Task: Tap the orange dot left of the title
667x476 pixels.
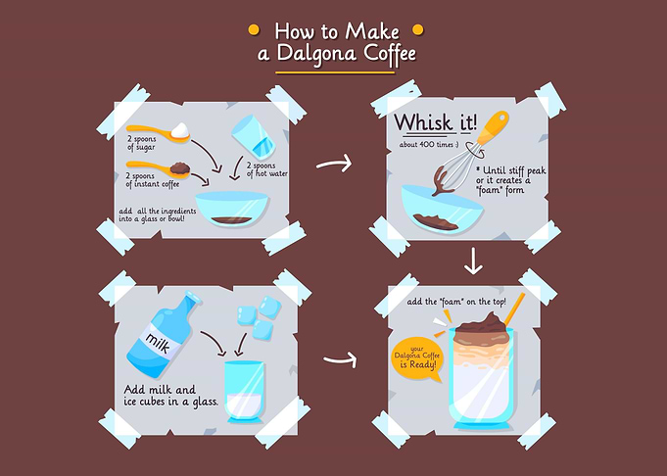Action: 254,29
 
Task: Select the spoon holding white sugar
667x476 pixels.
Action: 159,131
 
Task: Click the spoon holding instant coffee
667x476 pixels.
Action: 159,168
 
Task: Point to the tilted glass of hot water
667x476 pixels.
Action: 253,136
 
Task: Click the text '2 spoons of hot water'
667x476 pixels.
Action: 267,169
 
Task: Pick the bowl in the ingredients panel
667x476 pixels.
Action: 232,209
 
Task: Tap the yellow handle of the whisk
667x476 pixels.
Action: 493,126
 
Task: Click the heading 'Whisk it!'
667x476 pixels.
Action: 435,122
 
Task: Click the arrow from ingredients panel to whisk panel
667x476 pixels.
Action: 334,164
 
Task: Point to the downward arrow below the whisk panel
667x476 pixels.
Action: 473,261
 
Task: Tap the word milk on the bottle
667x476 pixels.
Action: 158,343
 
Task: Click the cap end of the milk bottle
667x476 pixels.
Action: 193,296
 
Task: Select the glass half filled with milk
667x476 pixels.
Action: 244,392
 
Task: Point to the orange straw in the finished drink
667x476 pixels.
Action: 515,309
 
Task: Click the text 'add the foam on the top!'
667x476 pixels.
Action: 456,302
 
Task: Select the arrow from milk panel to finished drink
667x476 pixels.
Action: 340,359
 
